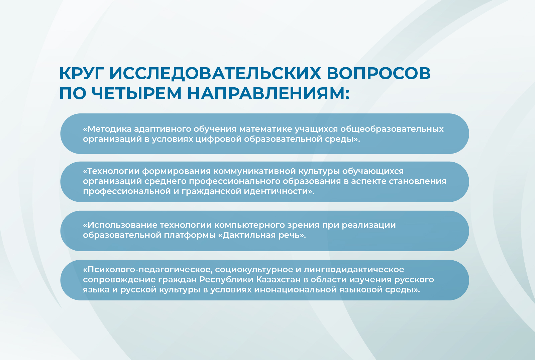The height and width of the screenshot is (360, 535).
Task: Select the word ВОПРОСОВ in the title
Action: (378, 73)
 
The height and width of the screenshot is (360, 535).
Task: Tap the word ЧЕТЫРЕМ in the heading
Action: (136, 93)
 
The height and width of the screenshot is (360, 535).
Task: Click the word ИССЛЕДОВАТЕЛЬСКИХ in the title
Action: (215, 73)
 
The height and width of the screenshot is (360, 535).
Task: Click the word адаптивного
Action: (163, 129)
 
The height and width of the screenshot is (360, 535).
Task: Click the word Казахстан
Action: (278, 280)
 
